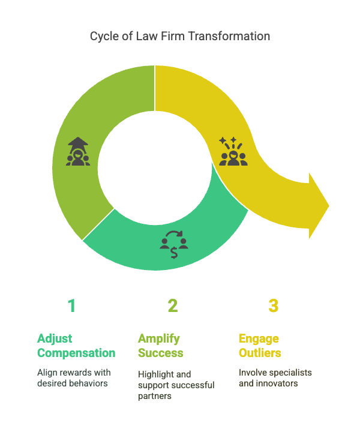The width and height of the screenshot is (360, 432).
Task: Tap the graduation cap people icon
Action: (x=78, y=152)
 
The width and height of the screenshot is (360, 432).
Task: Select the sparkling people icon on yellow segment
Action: (x=233, y=152)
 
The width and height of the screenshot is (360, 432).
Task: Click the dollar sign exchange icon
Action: (x=174, y=242)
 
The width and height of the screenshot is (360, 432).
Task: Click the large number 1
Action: (x=72, y=306)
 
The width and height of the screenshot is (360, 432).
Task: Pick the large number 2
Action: (x=173, y=306)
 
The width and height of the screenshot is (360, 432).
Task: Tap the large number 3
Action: (x=274, y=306)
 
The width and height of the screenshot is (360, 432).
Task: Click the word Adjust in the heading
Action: (x=55, y=338)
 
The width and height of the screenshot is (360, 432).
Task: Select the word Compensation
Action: (x=76, y=353)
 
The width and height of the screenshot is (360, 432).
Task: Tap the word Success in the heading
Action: (x=160, y=353)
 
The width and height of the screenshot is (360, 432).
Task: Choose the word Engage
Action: (x=258, y=338)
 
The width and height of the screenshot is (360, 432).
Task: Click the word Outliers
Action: (x=260, y=353)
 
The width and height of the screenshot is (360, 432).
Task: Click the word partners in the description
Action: (x=155, y=395)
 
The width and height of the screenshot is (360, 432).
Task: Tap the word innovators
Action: (x=277, y=383)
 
